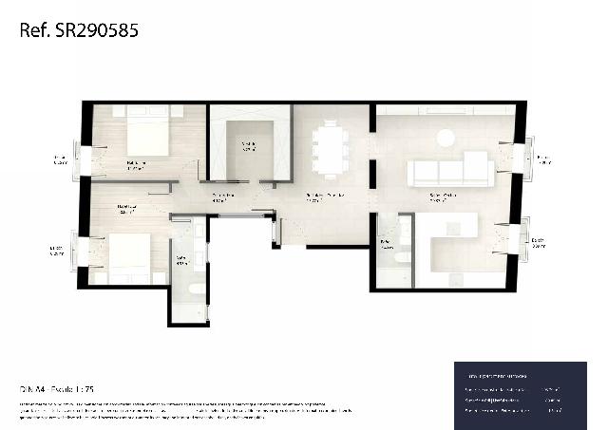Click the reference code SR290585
pyautogui.click(x=79, y=30)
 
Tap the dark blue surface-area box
pyautogui.click(x=519, y=394)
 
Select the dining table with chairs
pyautogui.click(x=331, y=148)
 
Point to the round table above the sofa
pyautogui.click(x=446, y=138)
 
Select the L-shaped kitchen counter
pyautogui.click(x=446, y=238)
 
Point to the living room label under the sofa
pyautogui.click(x=442, y=198)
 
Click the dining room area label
pyautogui.click(x=324, y=197)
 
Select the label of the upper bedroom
pyautogui.click(x=138, y=164)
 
